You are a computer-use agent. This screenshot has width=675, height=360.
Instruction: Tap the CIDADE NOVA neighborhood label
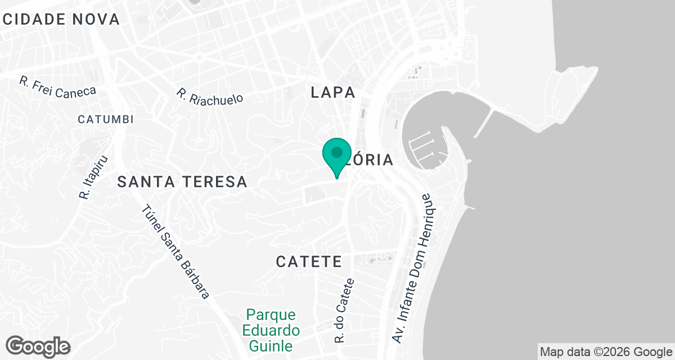coord(61,19)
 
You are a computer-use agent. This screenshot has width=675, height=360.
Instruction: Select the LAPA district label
coord(333,93)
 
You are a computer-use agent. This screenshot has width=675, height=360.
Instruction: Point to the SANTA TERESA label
coord(183,182)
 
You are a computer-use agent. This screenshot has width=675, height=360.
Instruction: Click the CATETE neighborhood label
coord(309,262)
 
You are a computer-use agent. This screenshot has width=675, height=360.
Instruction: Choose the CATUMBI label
coord(106,119)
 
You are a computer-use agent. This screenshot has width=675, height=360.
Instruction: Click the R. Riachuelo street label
coord(210,96)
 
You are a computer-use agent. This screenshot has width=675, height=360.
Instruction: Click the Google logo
coord(38,346)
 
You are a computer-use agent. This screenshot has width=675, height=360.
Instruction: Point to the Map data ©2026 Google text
coord(606,352)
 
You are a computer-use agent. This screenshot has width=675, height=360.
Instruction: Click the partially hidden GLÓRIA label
coord(371,160)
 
